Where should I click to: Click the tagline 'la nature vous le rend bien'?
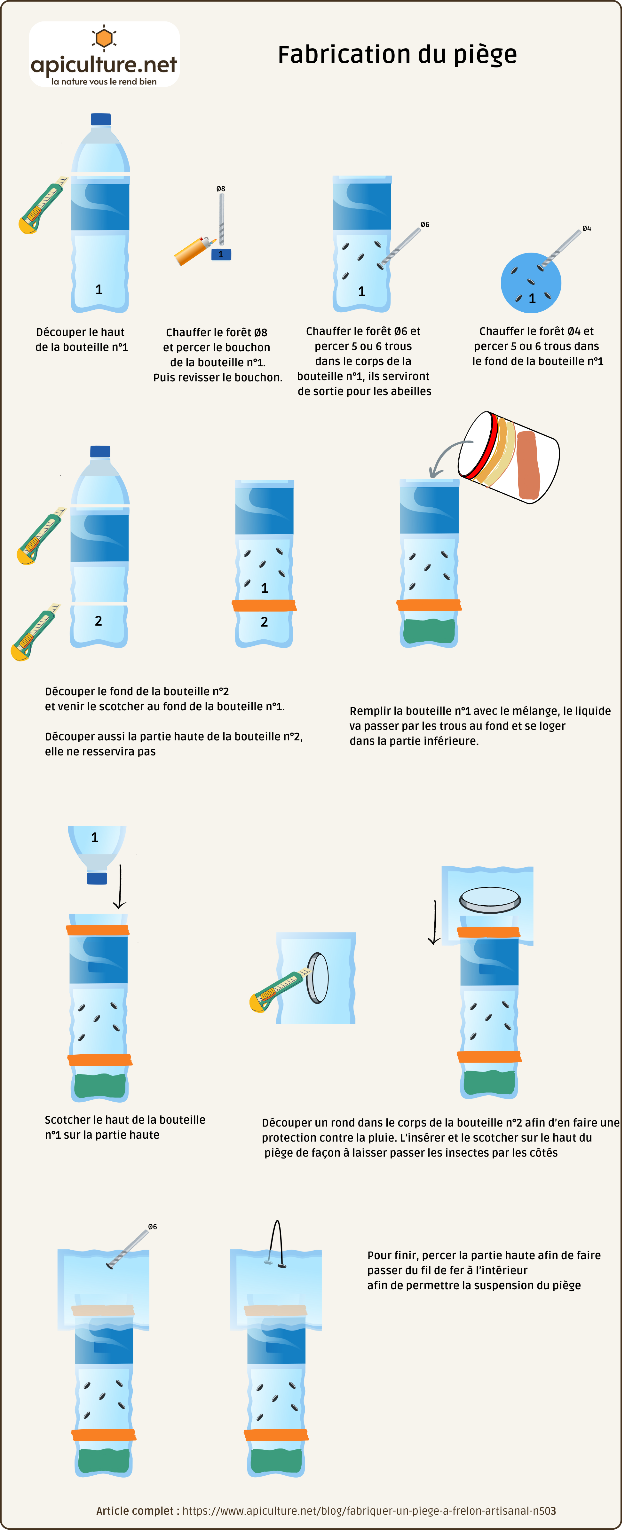(104, 82)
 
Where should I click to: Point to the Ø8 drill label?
(220, 189)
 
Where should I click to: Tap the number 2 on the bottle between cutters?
(99, 621)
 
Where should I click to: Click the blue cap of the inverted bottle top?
(97, 878)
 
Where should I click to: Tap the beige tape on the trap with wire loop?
(275, 1310)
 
